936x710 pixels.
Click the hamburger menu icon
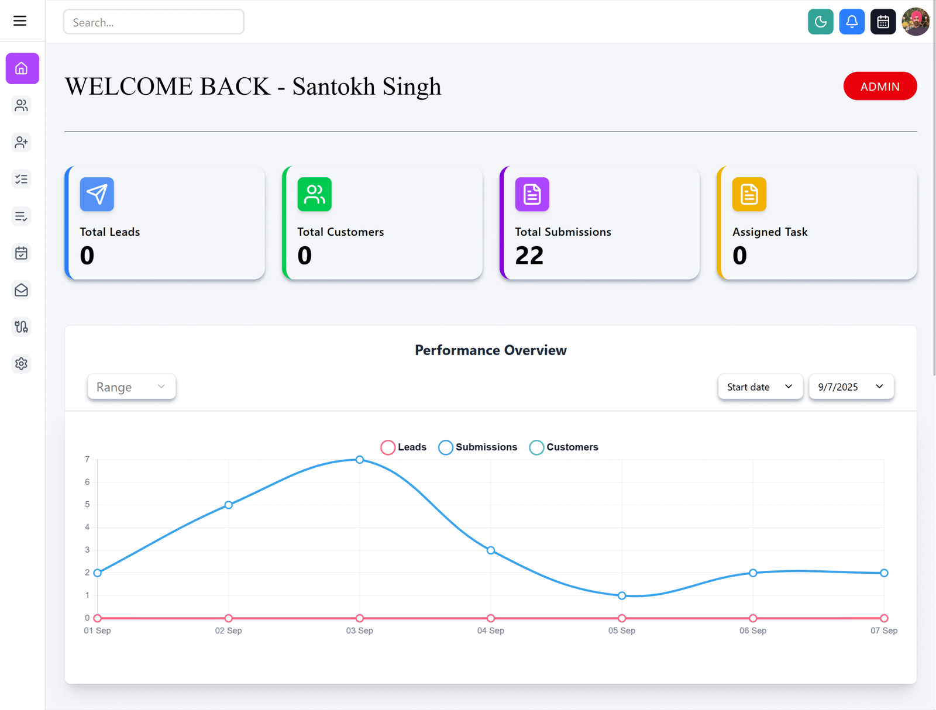20,21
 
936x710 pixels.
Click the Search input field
153,22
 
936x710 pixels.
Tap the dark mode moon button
820,22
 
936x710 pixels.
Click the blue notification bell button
852,22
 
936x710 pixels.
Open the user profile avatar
915,22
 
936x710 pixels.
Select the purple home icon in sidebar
22,68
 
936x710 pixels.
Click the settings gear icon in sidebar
22,364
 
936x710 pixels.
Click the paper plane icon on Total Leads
97,194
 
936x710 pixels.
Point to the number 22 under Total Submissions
529,256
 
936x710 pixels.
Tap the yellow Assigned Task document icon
749,194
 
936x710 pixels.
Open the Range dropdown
131,387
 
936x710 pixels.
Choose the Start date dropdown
759,387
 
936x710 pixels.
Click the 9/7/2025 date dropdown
851,387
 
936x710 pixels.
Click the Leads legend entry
404,447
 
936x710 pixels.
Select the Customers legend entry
564,447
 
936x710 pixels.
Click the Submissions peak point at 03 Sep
360,460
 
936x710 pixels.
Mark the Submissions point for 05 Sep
622,595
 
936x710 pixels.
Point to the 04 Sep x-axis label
490,630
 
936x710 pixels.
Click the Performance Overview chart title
490,350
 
